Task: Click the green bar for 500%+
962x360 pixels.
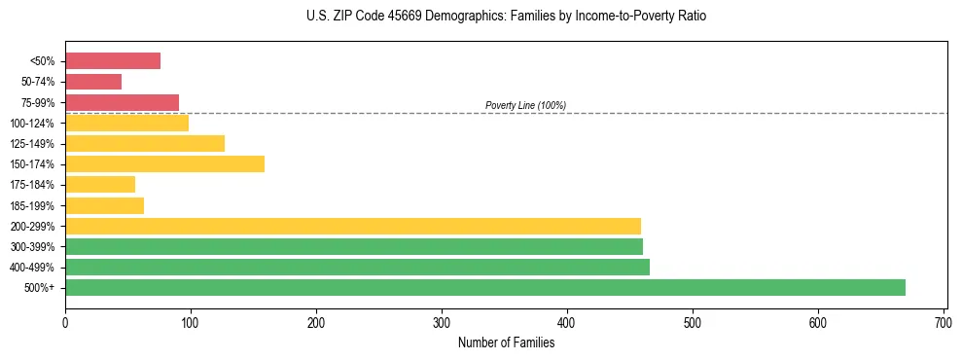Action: [x=484, y=287]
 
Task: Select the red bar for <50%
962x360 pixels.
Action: [x=113, y=61]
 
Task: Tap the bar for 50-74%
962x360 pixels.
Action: [x=93, y=82]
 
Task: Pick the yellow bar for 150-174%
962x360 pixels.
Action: [x=164, y=163]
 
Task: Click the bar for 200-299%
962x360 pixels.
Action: [x=353, y=226]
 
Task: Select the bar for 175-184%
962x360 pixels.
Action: [x=100, y=184]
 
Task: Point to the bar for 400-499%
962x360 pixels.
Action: [x=357, y=267]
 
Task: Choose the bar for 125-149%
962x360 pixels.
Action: [x=145, y=143]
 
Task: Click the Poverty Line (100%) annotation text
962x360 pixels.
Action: [x=525, y=105]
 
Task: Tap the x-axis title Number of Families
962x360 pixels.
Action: [x=506, y=342]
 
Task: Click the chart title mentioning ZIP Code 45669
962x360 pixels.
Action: [x=506, y=17]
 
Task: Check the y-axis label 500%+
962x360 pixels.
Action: [x=41, y=288]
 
